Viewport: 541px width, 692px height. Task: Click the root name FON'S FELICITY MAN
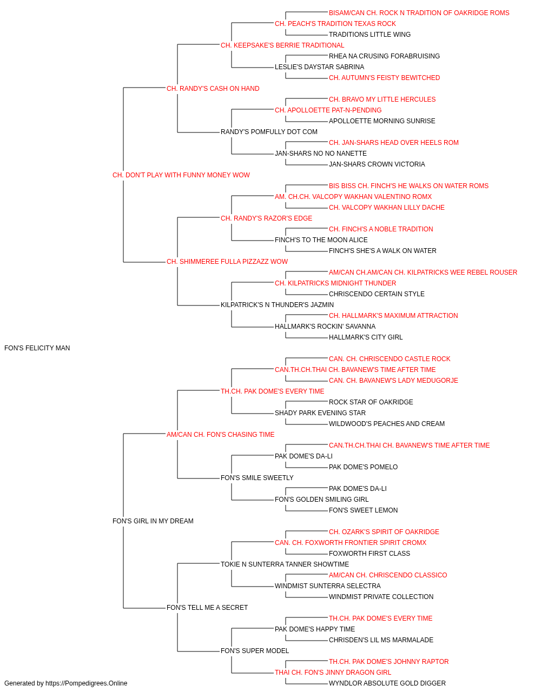[x=37, y=348]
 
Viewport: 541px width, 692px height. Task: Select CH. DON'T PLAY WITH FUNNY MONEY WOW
[x=181, y=175]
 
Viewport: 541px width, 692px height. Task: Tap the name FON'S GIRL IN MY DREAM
[x=153, y=521]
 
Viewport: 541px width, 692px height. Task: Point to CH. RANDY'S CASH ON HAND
[x=213, y=89]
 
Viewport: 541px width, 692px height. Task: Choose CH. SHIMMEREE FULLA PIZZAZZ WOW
[x=227, y=262]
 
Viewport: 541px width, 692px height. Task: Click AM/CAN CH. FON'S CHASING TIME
[x=221, y=434]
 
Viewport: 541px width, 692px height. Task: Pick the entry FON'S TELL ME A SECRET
[x=207, y=607]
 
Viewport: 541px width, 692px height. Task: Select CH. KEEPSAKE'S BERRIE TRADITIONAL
[x=282, y=45]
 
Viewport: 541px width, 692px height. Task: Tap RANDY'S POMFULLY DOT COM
[x=269, y=132]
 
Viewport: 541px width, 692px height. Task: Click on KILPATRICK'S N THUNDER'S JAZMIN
[x=277, y=305]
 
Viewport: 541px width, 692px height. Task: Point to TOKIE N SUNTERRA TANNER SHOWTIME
[x=285, y=564]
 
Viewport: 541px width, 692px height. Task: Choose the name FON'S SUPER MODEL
[x=255, y=650]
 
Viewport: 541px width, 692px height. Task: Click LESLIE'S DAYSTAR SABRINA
[x=320, y=67]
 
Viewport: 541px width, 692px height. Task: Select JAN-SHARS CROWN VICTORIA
[x=377, y=164]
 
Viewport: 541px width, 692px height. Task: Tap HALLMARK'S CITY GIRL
[x=366, y=337]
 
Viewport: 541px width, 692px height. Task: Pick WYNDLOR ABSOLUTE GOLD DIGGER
[x=387, y=683]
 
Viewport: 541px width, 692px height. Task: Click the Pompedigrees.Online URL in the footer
[x=87, y=683]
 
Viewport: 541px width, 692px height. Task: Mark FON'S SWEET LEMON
[x=364, y=510]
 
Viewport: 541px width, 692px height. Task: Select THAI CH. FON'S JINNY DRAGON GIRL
[x=333, y=672]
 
